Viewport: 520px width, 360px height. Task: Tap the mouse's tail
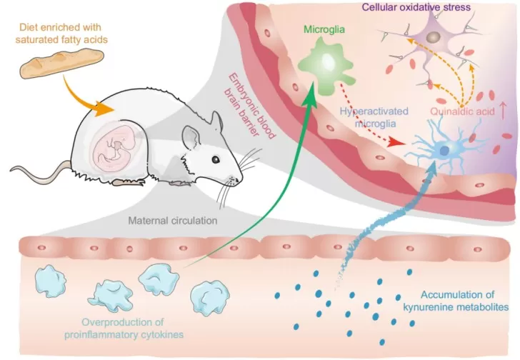tap(39, 168)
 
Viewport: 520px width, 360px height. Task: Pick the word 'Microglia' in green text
tap(324, 31)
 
